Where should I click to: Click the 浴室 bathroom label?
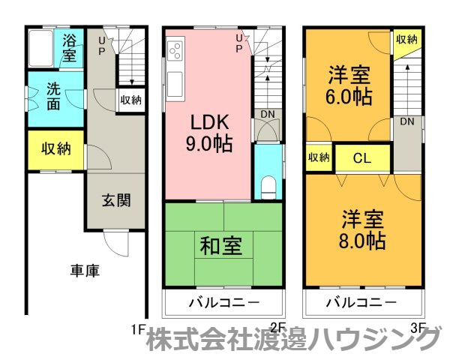click(69, 47)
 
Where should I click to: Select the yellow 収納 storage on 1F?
click(55, 148)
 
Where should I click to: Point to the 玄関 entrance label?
click(116, 200)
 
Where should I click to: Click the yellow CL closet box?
click(361, 158)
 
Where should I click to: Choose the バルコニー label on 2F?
click(223, 302)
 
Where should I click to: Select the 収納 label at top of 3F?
click(406, 40)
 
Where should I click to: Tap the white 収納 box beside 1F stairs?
click(130, 99)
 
